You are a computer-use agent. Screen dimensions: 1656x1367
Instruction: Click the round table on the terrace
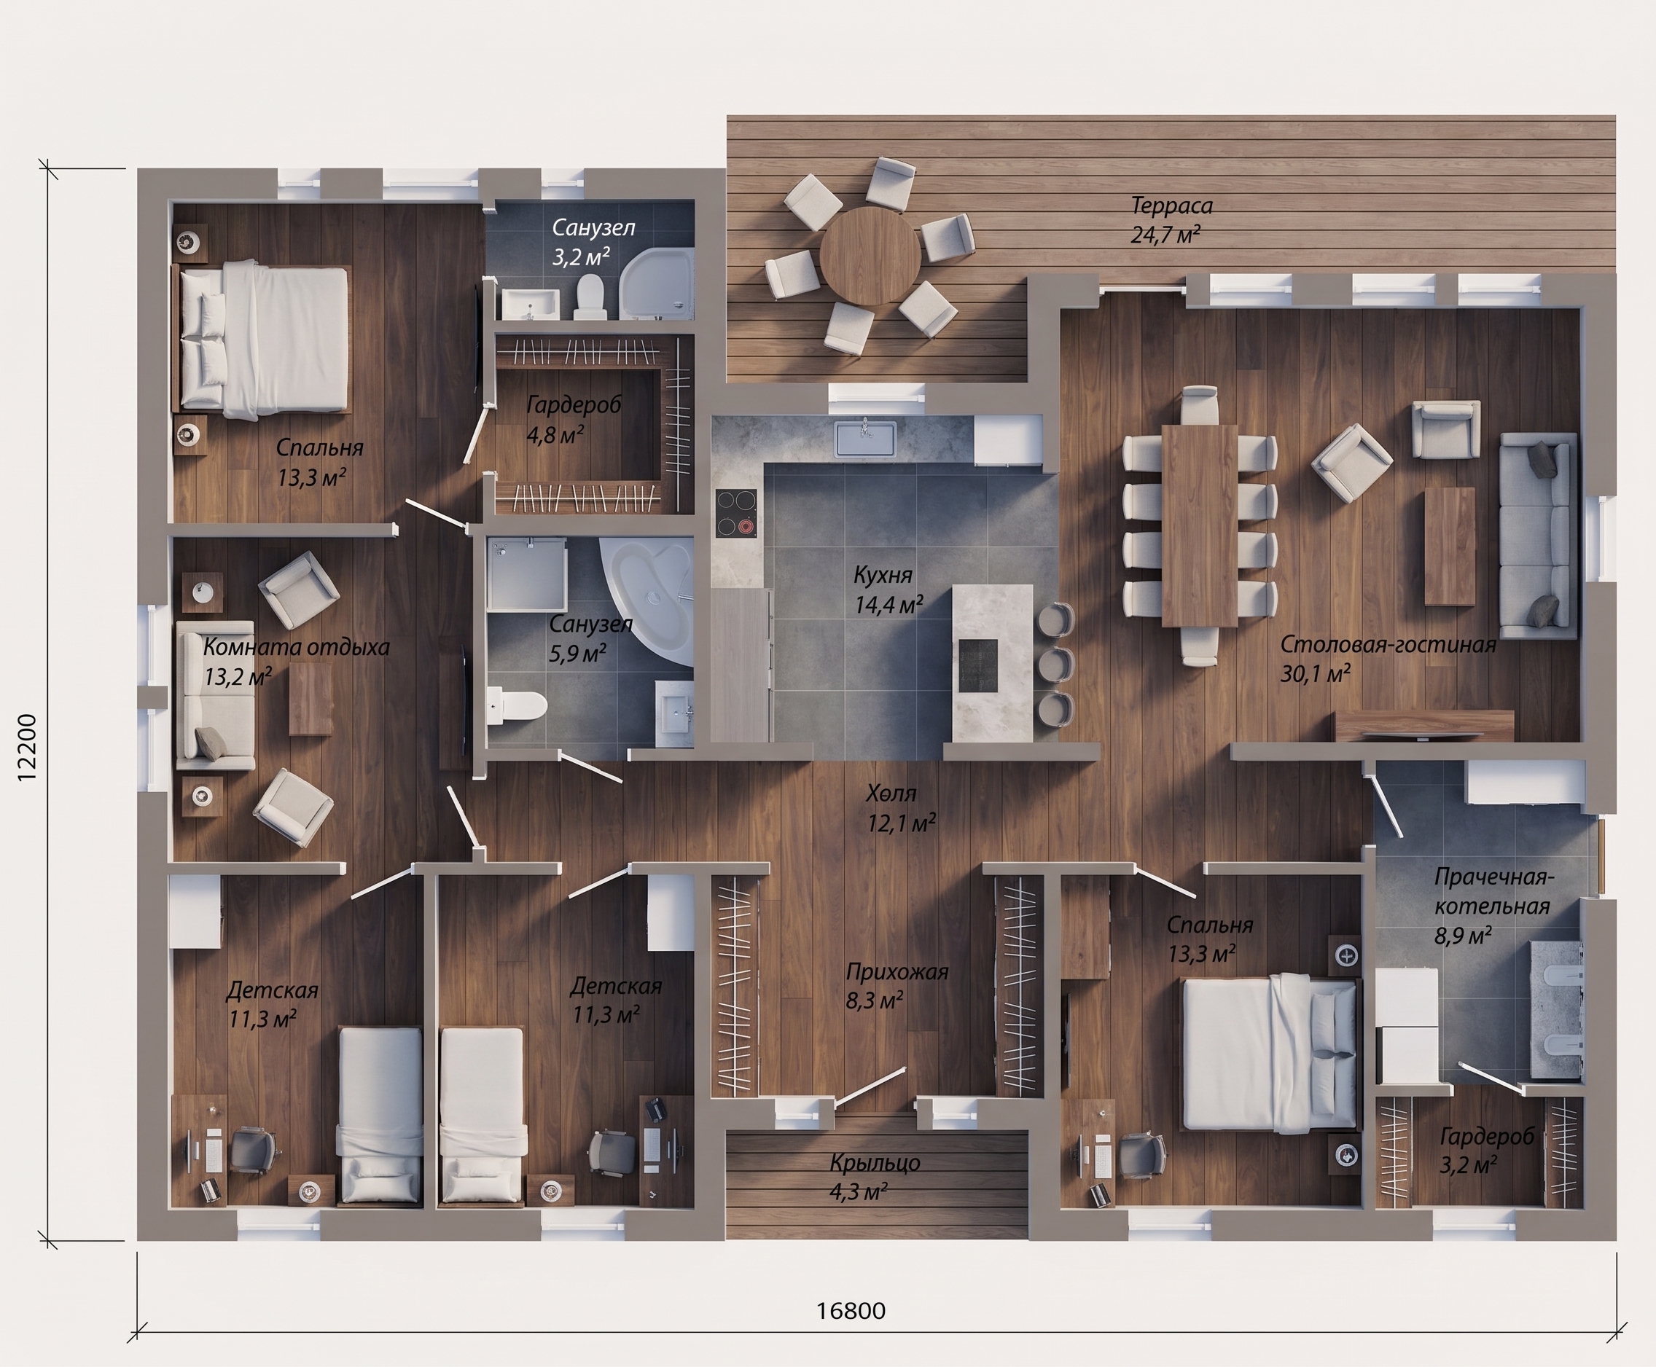[870, 256]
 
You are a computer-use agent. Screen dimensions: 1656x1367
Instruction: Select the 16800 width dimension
[851, 1310]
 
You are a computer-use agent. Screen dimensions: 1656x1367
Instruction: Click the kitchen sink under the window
[865, 439]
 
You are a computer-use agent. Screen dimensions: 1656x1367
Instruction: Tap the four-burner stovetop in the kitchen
[736, 514]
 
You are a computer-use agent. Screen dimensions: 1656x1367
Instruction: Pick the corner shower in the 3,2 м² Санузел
[656, 284]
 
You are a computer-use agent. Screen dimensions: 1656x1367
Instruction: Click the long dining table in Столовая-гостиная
[1199, 525]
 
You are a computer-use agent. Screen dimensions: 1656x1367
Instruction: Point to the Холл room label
[891, 792]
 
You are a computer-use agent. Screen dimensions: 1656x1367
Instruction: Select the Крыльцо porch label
[875, 1162]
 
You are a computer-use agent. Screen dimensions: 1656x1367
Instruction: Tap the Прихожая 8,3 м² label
[897, 986]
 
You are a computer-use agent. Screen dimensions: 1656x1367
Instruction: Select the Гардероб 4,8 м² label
[574, 420]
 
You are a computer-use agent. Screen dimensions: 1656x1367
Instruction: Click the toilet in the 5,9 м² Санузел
[517, 705]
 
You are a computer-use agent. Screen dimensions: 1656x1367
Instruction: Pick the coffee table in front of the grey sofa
[1450, 546]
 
